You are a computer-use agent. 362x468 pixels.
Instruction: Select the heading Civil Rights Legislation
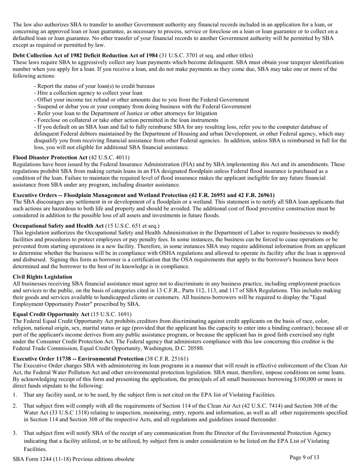click(x=42, y=277)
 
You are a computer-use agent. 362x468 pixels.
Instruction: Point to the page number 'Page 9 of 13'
click(x=304, y=457)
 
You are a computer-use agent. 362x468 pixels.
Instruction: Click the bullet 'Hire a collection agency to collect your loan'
click(x=88, y=93)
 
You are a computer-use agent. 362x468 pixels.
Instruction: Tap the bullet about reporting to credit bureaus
click(x=94, y=86)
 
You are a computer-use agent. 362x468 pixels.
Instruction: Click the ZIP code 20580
click(x=196, y=348)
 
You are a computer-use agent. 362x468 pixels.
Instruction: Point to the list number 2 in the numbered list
click(x=15, y=406)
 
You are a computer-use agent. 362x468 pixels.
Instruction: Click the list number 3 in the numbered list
click(x=15, y=433)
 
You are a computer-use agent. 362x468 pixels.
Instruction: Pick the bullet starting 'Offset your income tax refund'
click(x=141, y=100)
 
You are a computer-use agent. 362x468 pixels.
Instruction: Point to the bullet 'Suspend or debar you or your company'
click(x=143, y=107)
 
